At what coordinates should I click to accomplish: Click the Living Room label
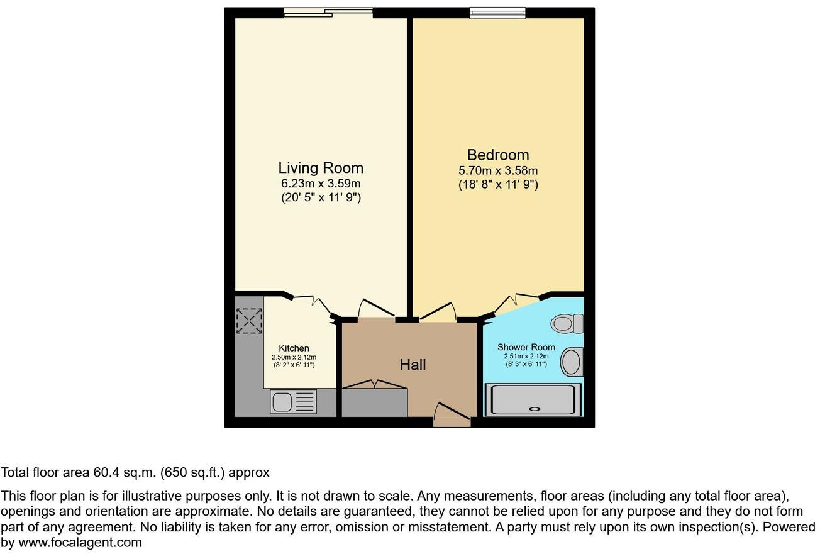(321, 168)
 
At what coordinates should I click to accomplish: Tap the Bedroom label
(497, 155)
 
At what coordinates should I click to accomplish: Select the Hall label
(413, 365)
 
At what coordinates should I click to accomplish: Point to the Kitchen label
(294, 348)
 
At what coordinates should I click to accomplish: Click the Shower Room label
(526, 347)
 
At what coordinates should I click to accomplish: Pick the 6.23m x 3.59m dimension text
(321, 184)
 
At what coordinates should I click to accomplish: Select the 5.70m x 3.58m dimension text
(497, 170)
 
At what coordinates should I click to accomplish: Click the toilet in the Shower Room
(567, 324)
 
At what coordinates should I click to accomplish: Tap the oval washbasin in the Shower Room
(571, 362)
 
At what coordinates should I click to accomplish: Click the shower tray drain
(535, 409)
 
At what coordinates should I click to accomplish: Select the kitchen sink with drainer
(293, 402)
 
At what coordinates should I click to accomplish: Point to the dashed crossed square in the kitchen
(249, 321)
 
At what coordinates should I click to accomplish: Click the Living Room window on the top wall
(328, 11)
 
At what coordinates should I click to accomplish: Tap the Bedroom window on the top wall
(497, 11)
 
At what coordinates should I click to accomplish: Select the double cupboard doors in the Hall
(375, 384)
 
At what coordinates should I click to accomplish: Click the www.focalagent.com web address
(80, 542)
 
